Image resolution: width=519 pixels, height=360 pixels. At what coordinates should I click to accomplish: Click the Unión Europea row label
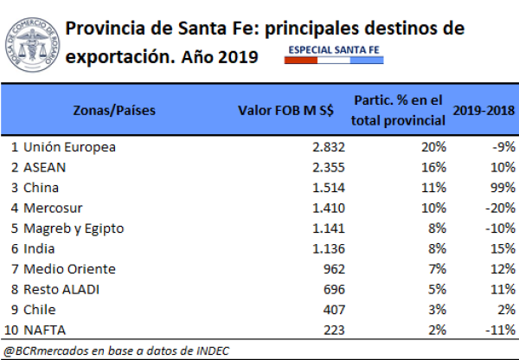coord(69,147)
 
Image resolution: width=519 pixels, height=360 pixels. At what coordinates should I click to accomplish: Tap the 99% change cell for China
coord(497,188)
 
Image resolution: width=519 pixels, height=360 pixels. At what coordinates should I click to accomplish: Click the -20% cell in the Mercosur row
coord(494,209)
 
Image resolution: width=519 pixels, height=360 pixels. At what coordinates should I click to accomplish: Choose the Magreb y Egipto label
coord(74,228)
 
